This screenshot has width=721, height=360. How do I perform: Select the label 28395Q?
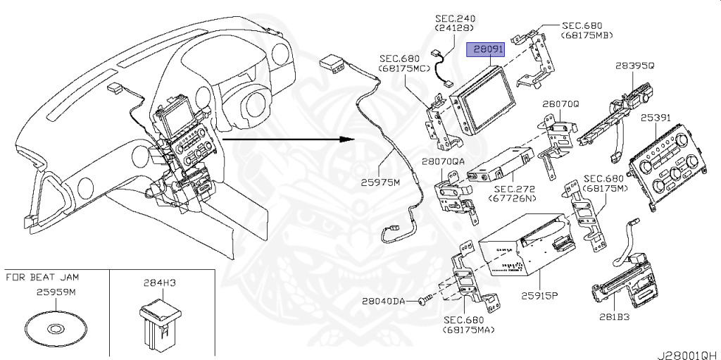[634, 65]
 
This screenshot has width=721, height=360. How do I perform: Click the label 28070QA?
[444, 161]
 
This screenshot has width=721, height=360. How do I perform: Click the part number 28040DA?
[384, 301]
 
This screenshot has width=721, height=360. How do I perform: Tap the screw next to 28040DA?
[422, 301]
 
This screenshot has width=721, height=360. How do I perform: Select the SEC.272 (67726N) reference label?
[515, 194]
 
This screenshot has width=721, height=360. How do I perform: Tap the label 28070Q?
[560, 103]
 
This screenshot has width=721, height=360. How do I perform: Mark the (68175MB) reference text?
[587, 35]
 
